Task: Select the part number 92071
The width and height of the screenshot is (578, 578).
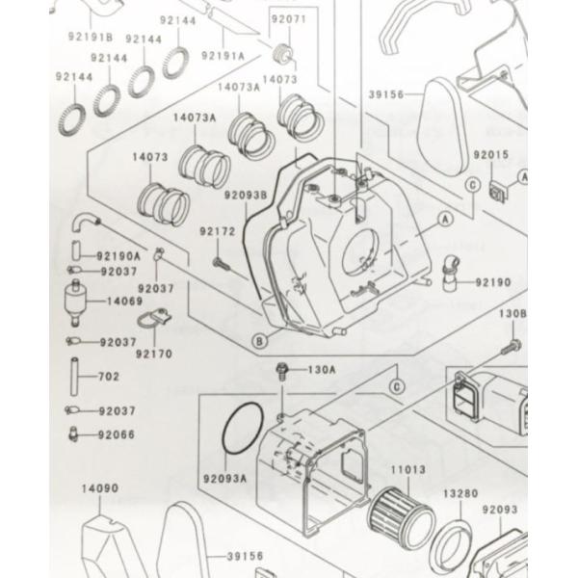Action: click(x=286, y=18)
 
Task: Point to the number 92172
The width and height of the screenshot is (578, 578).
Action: click(x=218, y=231)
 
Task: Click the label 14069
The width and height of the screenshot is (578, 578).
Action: click(x=124, y=302)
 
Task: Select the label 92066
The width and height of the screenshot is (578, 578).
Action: click(x=116, y=434)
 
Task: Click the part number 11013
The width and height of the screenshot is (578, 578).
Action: click(x=407, y=470)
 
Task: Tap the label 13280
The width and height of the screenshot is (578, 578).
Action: click(x=460, y=493)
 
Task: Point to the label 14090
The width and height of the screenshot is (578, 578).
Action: click(x=100, y=488)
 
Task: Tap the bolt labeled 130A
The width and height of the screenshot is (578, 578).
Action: click(x=282, y=369)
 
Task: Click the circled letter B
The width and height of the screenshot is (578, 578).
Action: click(x=258, y=339)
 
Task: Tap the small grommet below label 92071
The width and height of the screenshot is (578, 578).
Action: click(x=284, y=50)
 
